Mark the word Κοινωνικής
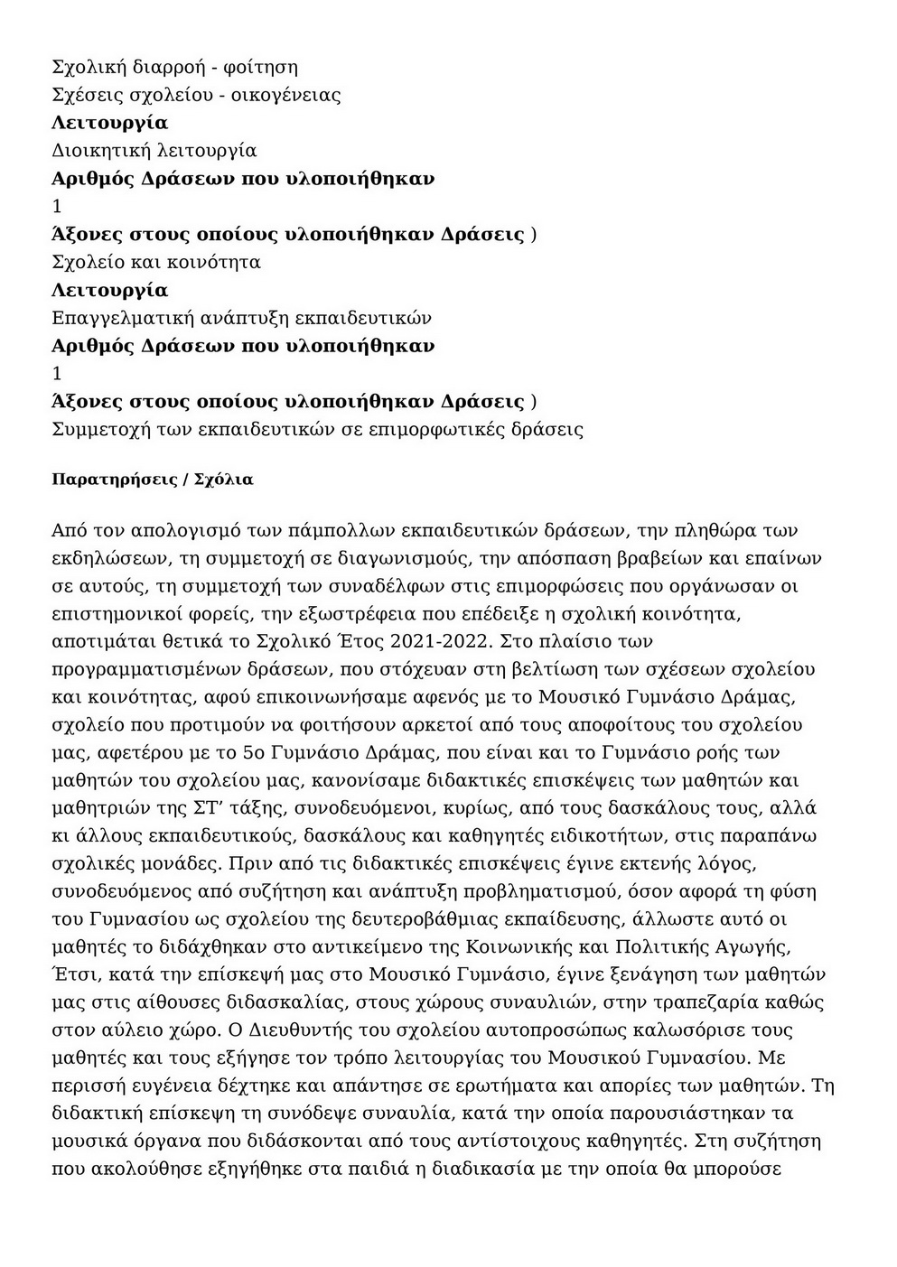click(514, 946)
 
